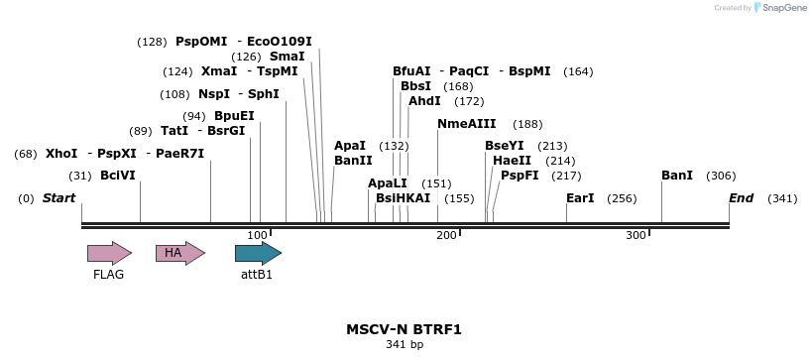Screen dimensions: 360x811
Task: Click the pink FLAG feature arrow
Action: [109, 253]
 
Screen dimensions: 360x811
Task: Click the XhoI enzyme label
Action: [61, 154]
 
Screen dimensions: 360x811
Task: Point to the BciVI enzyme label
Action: [118, 176]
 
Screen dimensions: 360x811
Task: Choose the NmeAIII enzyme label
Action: [466, 124]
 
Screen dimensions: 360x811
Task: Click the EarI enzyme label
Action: [580, 198]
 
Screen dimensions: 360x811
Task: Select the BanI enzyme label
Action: [677, 176]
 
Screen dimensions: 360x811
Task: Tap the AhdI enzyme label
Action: [424, 101]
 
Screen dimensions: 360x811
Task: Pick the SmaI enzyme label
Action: [288, 57]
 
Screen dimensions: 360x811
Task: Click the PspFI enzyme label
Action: [520, 176]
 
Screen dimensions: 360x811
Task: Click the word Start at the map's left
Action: [58, 198]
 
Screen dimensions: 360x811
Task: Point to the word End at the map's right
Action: [742, 198]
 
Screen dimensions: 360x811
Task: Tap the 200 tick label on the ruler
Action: [446, 235]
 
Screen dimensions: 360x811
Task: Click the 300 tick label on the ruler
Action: [636, 235]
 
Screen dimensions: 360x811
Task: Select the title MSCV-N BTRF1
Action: [404, 329]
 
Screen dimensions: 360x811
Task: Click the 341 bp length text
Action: [404, 345]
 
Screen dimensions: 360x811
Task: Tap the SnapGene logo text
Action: [784, 8]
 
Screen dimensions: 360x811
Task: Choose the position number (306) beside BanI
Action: [721, 176]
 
